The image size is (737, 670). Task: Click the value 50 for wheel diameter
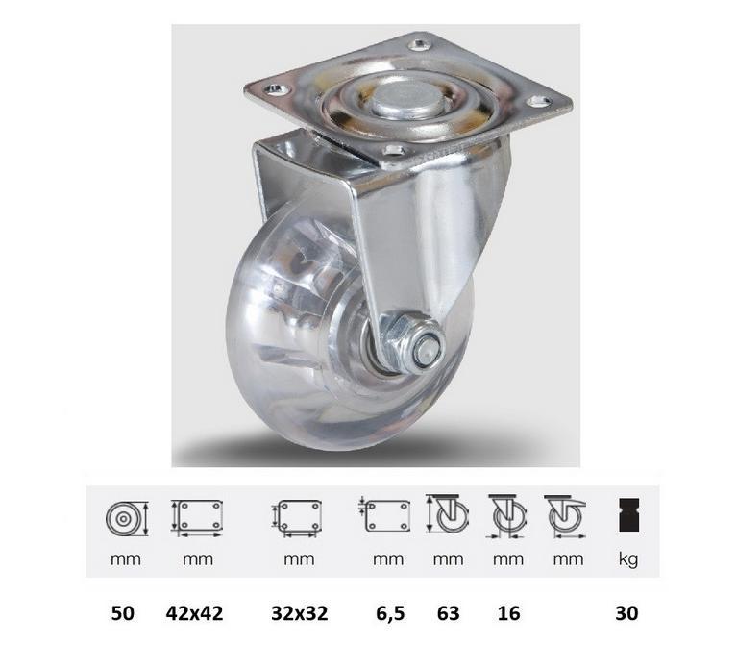(122, 612)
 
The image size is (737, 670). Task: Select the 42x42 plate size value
(195, 612)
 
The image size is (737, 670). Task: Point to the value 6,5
(387, 612)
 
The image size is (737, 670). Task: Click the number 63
(447, 612)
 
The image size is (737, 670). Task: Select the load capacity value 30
(627, 612)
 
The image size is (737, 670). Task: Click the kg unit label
(627, 559)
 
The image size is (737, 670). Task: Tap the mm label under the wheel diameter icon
(125, 559)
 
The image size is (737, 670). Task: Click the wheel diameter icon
(125, 517)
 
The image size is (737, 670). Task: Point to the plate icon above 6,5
(386, 516)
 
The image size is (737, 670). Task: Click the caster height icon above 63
(447, 514)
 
